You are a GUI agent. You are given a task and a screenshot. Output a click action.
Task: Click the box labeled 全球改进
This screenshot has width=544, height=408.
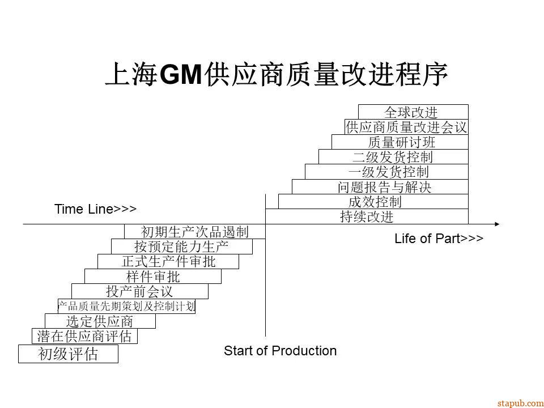click(x=413, y=112)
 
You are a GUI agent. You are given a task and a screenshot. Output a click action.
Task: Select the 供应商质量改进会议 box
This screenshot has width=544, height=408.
click(x=406, y=127)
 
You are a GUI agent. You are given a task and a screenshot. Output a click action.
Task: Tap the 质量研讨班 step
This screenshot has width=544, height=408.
click(x=400, y=142)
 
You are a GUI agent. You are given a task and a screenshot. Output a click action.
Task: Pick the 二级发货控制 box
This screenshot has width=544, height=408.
click(x=393, y=157)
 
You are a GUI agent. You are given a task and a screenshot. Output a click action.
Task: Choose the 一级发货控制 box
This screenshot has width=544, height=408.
click(x=387, y=172)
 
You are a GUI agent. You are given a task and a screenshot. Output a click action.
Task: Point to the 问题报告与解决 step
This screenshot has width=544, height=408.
click(x=380, y=186)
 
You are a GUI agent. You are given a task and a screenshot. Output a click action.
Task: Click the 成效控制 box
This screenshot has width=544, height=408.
click(x=373, y=201)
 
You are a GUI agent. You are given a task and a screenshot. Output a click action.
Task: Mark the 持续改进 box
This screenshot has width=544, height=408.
click(x=367, y=216)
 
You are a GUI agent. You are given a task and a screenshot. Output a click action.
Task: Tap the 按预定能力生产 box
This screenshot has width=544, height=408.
click(x=181, y=246)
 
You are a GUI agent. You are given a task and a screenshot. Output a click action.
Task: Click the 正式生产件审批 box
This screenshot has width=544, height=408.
click(x=168, y=261)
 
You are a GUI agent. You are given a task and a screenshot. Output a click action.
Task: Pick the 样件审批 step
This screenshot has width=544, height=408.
click(x=153, y=277)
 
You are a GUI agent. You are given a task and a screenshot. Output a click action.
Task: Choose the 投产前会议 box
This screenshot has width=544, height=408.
click(x=139, y=291)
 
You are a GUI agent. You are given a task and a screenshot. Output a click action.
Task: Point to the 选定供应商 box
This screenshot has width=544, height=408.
click(x=100, y=321)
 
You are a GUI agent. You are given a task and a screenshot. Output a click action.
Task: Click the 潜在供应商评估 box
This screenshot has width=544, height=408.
click(x=84, y=336)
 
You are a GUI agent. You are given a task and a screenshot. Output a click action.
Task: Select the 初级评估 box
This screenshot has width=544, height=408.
click(x=68, y=355)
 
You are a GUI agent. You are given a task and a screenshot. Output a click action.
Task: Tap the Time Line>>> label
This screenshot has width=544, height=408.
click(x=95, y=209)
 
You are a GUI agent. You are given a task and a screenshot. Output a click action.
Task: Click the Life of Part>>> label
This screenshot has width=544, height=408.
click(x=439, y=239)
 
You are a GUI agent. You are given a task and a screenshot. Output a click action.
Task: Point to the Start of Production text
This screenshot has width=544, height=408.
click(x=280, y=351)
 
